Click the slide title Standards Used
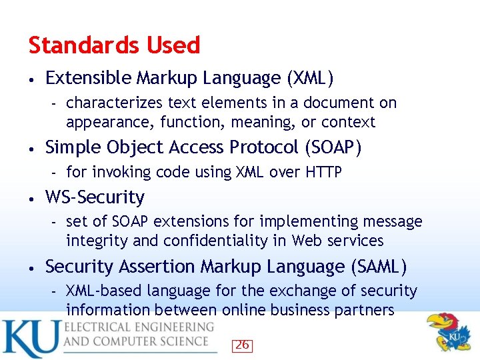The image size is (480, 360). (114, 45)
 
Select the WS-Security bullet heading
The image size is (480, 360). (95, 197)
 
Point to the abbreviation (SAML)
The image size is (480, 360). (378, 267)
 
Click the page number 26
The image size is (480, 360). (242, 345)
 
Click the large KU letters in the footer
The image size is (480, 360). (29, 338)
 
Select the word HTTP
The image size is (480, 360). (323, 173)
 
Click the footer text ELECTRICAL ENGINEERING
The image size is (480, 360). (139, 327)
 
